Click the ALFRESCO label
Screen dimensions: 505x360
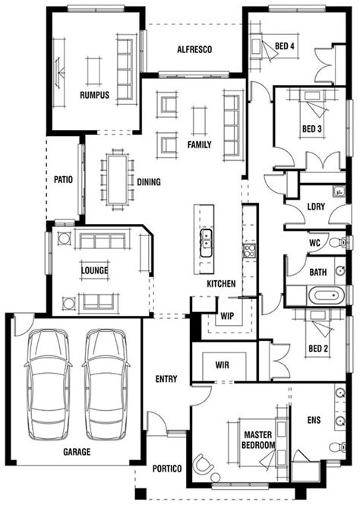point(194,49)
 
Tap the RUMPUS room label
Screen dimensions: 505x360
point(95,95)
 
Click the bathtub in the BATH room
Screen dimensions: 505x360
point(314,296)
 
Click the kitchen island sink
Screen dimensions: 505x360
point(205,242)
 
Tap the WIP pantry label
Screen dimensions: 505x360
point(226,314)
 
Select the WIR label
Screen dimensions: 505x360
point(223,365)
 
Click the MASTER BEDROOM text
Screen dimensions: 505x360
point(257,439)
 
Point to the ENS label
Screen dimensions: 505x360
point(314,418)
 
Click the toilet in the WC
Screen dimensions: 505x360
point(343,243)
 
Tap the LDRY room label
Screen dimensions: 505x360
point(316,207)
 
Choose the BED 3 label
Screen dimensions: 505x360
point(312,129)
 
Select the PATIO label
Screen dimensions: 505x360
point(63,181)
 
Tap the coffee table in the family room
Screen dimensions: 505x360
point(199,119)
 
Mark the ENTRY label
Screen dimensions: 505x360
point(166,379)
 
